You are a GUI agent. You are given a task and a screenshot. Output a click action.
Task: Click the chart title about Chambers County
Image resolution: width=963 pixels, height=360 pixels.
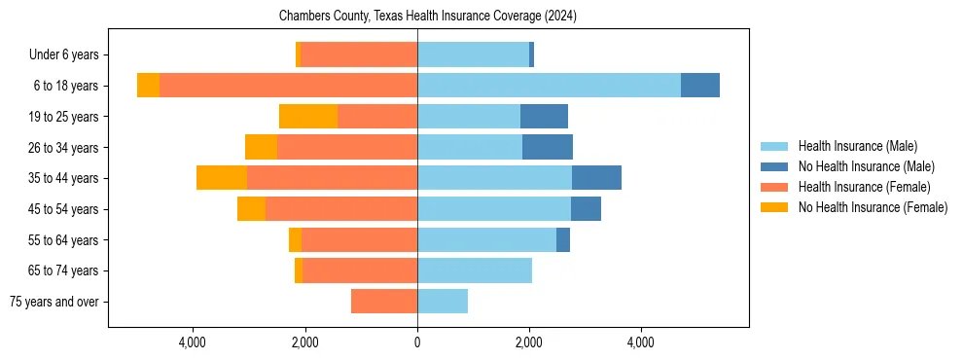(428, 17)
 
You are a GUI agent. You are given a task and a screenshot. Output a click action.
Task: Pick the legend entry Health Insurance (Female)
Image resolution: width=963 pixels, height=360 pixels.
(864, 187)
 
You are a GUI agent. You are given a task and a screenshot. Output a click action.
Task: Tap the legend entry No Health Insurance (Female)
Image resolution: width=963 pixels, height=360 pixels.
(873, 207)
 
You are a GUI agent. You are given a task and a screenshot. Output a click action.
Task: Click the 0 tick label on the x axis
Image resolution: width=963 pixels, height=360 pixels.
(417, 343)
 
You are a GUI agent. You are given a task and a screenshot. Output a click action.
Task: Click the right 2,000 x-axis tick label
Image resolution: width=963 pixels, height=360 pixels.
(529, 343)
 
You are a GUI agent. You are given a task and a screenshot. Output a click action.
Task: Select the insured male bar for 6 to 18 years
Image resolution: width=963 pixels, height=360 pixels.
(549, 86)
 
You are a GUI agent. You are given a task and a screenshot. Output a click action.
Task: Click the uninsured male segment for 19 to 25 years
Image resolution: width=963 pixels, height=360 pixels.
(544, 117)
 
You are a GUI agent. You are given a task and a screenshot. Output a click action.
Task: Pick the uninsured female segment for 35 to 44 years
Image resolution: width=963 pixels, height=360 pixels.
(222, 178)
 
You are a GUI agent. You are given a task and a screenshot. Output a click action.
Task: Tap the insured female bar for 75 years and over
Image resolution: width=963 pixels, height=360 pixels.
(384, 302)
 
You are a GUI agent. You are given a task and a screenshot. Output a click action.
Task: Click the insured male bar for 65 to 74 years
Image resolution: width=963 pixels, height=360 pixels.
(475, 270)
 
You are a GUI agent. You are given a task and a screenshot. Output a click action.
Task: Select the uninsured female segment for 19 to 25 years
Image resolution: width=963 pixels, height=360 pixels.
(308, 117)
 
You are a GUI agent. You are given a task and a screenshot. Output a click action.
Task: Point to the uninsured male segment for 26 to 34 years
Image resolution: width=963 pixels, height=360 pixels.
(548, 147)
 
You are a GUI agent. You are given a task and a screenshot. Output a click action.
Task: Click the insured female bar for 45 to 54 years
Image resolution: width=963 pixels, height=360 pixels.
(341, 209)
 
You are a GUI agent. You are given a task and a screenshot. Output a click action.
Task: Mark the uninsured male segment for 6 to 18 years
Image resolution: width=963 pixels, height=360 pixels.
(700, 86)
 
